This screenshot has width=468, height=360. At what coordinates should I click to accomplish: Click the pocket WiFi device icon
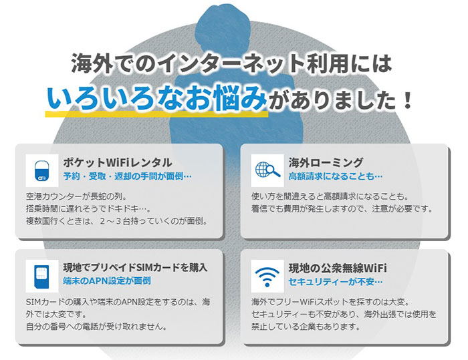pos(41,171)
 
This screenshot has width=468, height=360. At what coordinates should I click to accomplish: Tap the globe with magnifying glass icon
pos(267,170)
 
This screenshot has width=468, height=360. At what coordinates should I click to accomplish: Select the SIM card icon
pos(41,277)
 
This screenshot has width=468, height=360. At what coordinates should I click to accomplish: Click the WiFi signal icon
pos(267,277)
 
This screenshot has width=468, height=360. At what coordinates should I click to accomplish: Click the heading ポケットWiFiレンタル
pos(118,162)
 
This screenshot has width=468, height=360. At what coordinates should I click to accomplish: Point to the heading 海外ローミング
pos(326,162)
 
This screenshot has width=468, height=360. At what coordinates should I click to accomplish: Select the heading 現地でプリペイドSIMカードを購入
pos(135,268)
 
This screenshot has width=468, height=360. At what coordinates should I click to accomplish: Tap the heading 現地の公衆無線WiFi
pos(338,268)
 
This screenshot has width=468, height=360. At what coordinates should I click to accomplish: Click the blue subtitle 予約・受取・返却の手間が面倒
pos(128,176)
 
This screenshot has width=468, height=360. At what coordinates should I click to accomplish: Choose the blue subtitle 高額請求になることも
pos(336,176)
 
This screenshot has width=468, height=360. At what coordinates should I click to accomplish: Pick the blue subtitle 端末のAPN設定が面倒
pos(107,281)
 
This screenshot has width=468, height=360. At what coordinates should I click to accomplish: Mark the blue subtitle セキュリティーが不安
pos(336,281)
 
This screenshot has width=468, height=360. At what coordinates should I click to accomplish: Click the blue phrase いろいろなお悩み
pos(156,98)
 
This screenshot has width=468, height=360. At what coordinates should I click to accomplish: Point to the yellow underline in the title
pos(156,114)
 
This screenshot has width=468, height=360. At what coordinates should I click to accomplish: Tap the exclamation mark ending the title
pos(406,100)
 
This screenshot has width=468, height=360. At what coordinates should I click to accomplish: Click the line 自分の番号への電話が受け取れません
pos(96,327)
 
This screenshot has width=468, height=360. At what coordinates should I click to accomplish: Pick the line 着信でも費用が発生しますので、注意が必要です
pos(342,209)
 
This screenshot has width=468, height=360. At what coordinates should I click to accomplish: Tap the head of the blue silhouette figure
pos(223,23)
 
